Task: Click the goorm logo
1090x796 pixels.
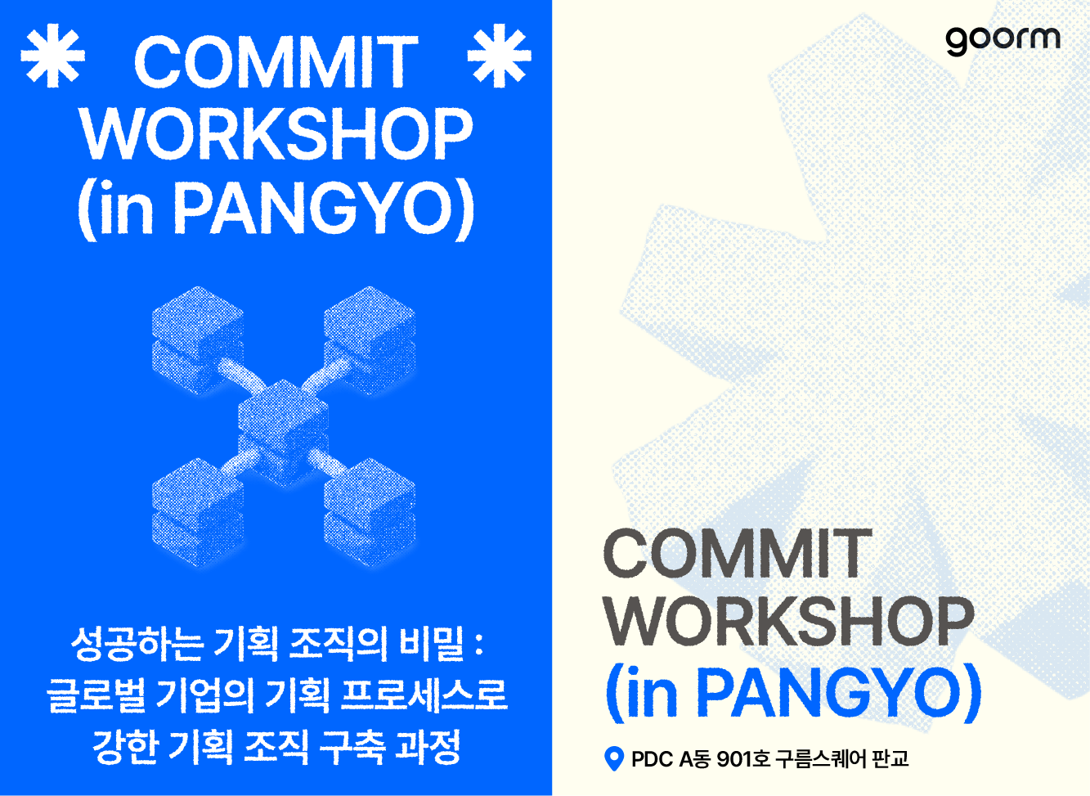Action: pos(1003,41)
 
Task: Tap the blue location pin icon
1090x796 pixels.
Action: pos(613,758)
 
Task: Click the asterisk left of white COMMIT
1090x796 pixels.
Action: pos(52,56)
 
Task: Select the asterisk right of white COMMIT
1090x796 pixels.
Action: pos(499,56)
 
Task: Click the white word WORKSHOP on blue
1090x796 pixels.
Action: pos(276,133)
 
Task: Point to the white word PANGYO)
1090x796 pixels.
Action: pos(324,209)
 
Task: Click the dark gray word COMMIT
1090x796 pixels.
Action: pos(738,555)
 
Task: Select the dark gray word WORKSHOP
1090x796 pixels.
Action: pos(789,622)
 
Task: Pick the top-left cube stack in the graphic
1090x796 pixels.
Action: pos(198,340)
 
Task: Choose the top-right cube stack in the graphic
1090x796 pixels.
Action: pos(370,340)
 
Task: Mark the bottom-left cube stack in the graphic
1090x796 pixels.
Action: pos(198,512)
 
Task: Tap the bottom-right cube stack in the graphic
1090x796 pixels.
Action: pos(370,512)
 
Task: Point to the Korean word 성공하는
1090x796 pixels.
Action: pos(137,644)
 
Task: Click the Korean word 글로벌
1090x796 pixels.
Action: pos(96,695)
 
